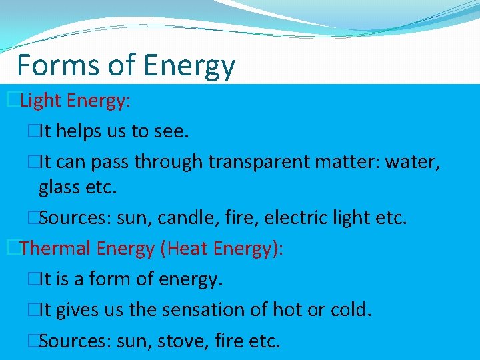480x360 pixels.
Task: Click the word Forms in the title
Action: [57, 65]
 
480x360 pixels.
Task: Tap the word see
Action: [171, 132]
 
